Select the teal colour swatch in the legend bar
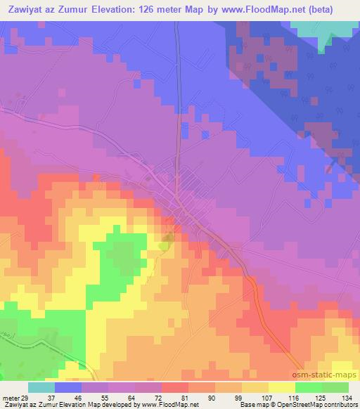coord(41,388)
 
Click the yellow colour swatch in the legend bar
coord(282,388)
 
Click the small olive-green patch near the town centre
coord(166,242)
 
